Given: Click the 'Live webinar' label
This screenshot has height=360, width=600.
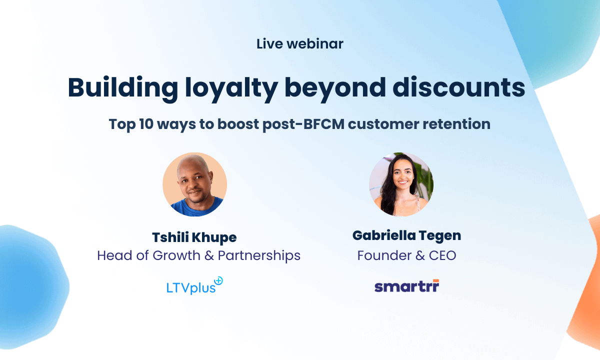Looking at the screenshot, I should [x=300, y=44].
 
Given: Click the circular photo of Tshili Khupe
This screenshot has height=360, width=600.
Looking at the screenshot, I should [x=195, y=184].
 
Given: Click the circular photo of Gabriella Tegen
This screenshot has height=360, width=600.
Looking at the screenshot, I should [x=401, y=184].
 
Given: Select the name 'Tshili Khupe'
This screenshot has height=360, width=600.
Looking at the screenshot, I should [x=194, y=237].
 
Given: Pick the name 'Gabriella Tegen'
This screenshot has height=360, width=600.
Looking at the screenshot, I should [x=406, y=235].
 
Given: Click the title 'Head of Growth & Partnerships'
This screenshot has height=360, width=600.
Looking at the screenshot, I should [x=198, y=255].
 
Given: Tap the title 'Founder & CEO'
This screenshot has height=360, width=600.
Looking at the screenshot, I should [x=406, y=255].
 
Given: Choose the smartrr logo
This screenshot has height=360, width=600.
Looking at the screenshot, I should [x=406, y=286].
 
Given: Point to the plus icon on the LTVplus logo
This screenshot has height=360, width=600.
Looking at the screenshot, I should [x=218, y=281].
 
